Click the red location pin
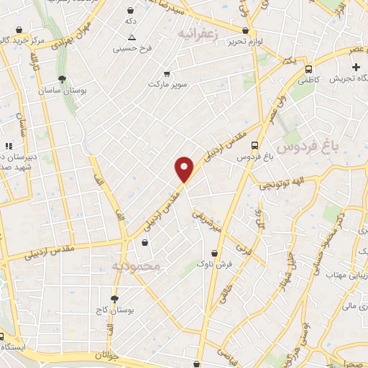tap(185, 169)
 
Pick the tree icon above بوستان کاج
tap(114, 298)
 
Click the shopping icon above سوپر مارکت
tap(167, 74)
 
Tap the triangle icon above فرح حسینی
tap(131, 36)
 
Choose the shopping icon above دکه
tap(130, 11)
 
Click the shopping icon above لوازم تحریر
tap(246, 30)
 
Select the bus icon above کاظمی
tap(308, 70)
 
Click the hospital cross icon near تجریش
tap(355, 67)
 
